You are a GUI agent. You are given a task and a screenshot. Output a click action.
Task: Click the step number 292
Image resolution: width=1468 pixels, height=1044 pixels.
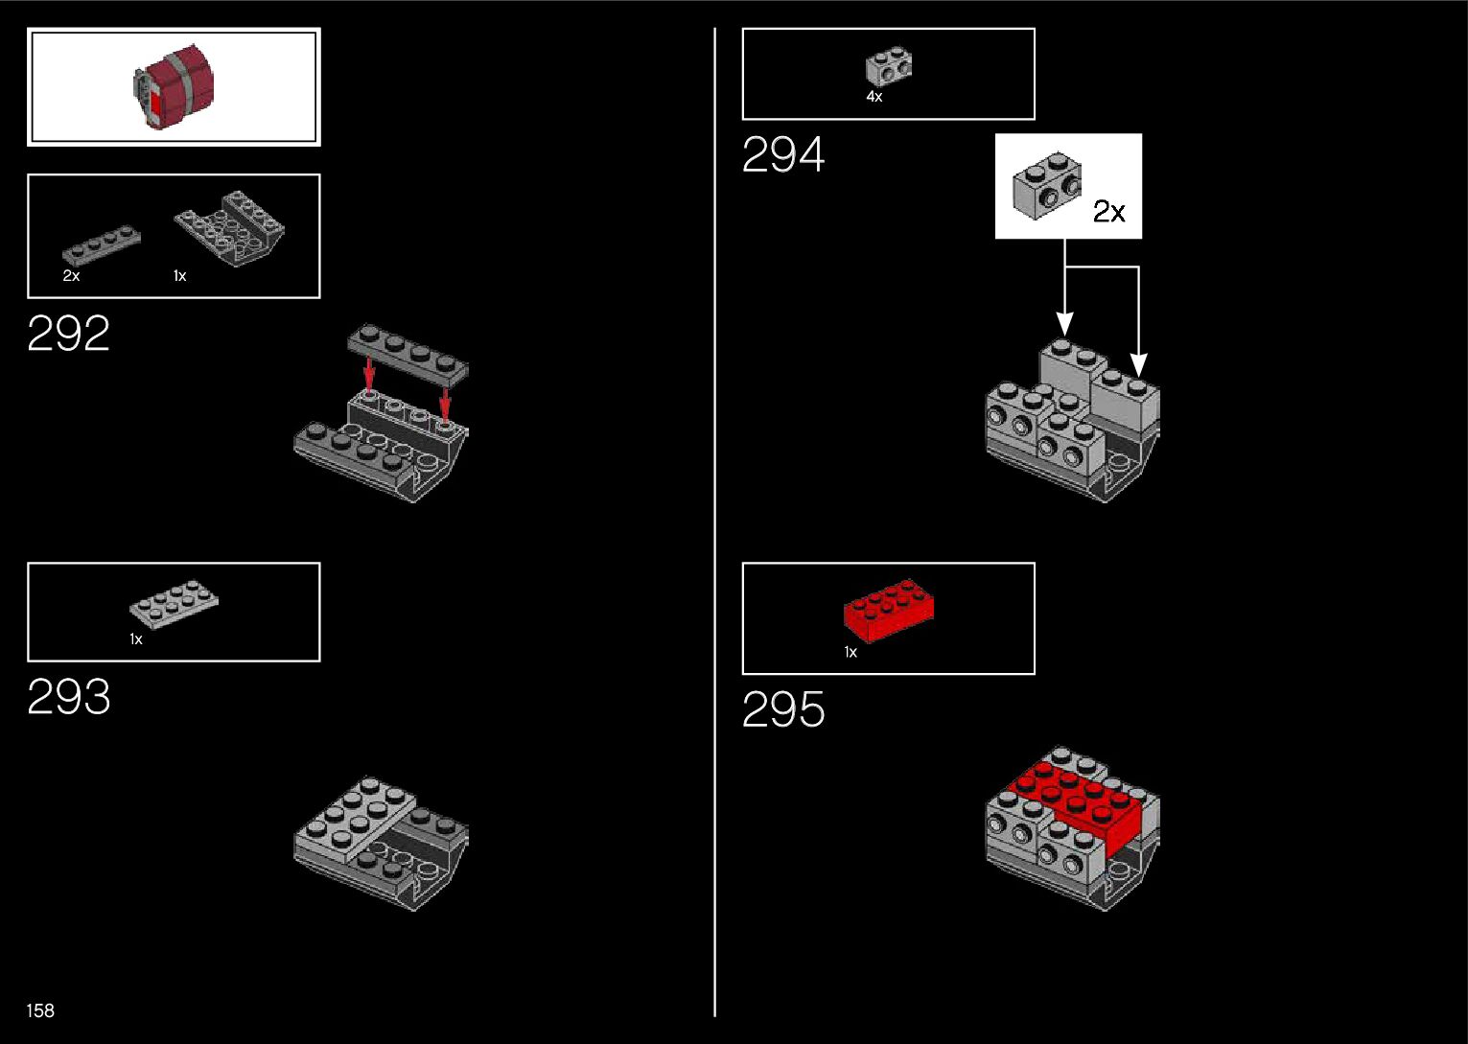tap(68, 334)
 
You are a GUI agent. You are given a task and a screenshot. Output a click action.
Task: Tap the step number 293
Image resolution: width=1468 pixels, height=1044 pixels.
tap(68, 697)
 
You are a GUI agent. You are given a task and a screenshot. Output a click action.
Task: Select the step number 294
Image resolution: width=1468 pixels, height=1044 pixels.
tap(782, 155)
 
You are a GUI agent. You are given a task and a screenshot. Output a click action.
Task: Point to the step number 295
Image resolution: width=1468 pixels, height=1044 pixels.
tap(782, 710)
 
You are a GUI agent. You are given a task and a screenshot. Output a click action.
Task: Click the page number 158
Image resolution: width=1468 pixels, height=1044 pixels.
tap(40, 1010)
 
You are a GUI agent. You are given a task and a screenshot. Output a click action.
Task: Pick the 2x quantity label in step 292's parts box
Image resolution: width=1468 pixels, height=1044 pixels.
tap(71, 276)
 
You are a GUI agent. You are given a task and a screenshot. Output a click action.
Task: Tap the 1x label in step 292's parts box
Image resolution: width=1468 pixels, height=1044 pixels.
tap(179, 276)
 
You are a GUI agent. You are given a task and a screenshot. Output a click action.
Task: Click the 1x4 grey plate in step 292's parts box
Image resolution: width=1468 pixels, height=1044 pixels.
tap(102, 245)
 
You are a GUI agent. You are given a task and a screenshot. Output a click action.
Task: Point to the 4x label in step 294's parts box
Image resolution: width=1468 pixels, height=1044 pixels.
tap(874, 97)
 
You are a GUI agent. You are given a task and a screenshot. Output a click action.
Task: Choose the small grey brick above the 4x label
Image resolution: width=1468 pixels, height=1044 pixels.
tap(889, 67)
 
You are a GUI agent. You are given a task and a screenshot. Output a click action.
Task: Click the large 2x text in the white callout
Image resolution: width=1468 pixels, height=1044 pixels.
tap(1108, 212)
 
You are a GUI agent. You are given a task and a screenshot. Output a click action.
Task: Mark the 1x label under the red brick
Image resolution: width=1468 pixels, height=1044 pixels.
tap(850, 652)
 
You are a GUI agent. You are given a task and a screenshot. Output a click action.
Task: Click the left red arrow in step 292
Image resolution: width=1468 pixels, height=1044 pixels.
tap(369, 374)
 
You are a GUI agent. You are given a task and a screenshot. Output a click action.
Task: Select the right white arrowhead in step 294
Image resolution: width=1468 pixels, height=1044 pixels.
tap(1138, 365)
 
